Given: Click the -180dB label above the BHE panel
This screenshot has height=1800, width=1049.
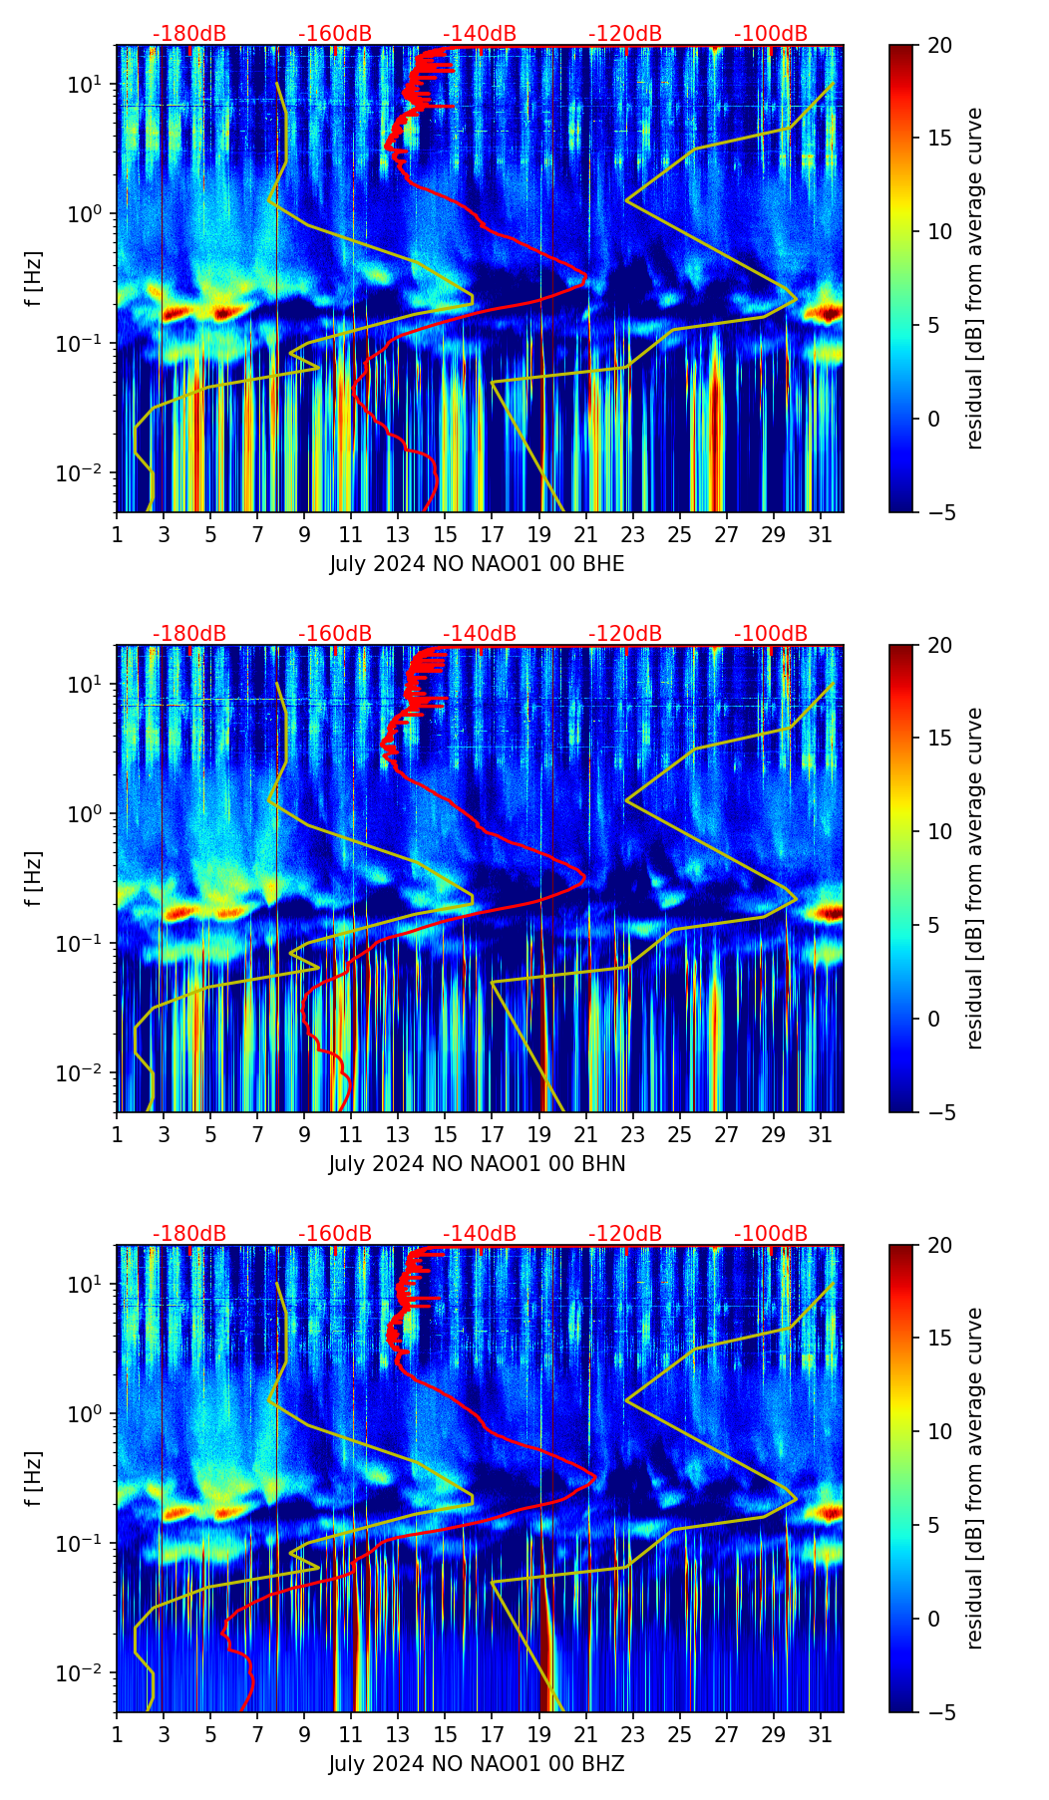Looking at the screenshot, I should (x=189, y=34).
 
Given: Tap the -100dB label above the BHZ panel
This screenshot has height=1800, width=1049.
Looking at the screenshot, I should (x=771, y=1234).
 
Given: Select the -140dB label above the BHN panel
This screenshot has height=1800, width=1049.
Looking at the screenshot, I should (x=480, y=634).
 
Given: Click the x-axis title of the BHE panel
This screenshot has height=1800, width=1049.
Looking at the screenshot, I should (x=477, y=564).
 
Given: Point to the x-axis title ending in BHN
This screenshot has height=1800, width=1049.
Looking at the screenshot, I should (x=477, y=1164).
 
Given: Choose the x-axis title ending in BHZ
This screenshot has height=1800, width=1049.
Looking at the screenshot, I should (x=477, y=1764).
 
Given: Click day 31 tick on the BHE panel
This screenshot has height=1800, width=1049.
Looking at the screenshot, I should (x=820, y=534).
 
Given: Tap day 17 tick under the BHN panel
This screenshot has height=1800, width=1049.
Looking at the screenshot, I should (x=492, y=1134).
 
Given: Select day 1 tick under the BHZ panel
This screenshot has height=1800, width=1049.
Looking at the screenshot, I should (x=117, y=1734).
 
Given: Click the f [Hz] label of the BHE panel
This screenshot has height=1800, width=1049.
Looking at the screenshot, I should (x=34, y=279).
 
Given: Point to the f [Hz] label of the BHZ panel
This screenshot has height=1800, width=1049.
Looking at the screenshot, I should (x=34, y=1479).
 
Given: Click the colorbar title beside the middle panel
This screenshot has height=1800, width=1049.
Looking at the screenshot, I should (x=975, y=878).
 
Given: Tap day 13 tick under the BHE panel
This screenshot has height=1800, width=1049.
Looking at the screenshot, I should (x=398, y=534).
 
